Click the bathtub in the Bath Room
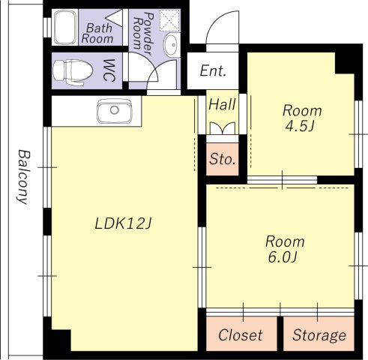point(65,27)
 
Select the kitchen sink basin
point(115,111)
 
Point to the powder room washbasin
point(171,44)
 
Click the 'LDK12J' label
point(123,223)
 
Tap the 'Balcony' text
point(23,177)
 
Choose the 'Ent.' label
point(213,71)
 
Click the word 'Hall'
point(222,104)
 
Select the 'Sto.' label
point(223,159)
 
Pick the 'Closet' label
point(241,335)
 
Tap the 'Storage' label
point(319,335)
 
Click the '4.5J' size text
point(300,126)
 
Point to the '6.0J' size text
point(283,257)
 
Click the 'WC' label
point(109,70)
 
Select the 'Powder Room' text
point(143,31)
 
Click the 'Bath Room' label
point(97,34)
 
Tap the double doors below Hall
point(223,128)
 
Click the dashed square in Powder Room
point(170,20)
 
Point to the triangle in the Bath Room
point(114,18)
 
